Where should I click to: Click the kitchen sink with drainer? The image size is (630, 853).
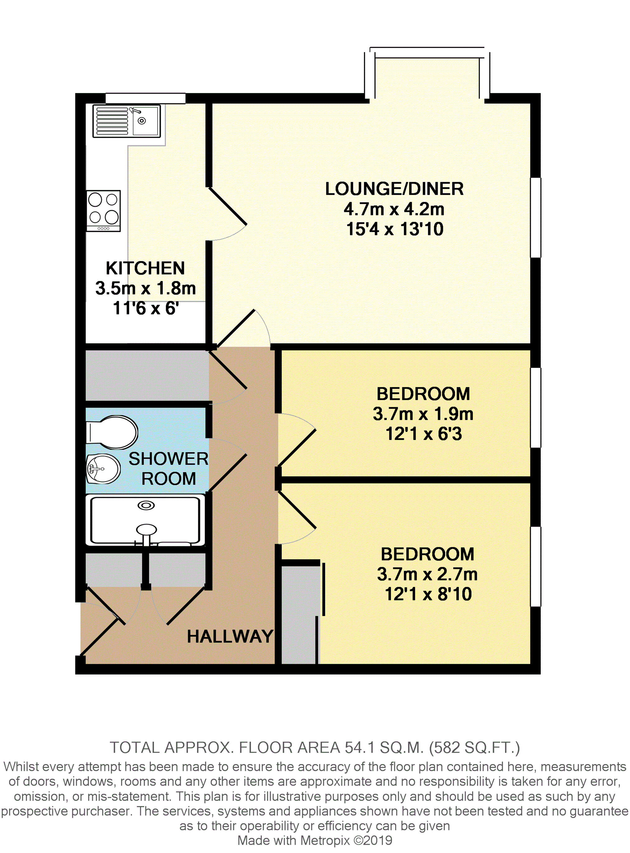click(127, 121)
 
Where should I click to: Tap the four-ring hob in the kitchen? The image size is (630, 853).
click(103, 211)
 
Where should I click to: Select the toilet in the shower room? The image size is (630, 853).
click(112, 432)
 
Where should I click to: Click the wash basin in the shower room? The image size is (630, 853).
click(103, 468)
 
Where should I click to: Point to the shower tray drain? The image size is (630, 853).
click(146, 506)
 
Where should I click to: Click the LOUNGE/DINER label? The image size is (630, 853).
click(394, 189)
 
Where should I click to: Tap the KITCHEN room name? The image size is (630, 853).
click(145, 268)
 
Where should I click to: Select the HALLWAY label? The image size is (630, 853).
click(230, 636)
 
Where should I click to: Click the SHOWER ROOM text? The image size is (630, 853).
click(169, 468)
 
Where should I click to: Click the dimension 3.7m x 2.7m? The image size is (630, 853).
click(427, 574)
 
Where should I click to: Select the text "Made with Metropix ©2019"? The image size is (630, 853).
click(315, 841)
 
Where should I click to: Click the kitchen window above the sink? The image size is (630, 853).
click(145, 98)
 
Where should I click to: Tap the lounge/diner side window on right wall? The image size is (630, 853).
click(535, 217)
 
